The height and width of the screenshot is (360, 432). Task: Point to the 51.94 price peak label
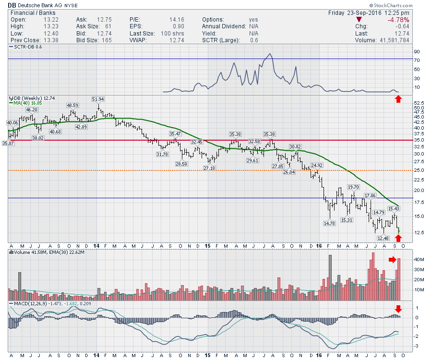[98, 99]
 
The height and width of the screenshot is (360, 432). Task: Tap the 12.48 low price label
[383, 238]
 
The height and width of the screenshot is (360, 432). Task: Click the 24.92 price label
[317, 165]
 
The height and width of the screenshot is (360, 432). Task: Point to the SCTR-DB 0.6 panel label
[29, 47]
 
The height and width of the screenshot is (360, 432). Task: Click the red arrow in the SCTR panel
[398, 99]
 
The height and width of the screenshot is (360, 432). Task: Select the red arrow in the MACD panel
[398, 308]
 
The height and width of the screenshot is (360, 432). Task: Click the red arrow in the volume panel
[393, 260]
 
